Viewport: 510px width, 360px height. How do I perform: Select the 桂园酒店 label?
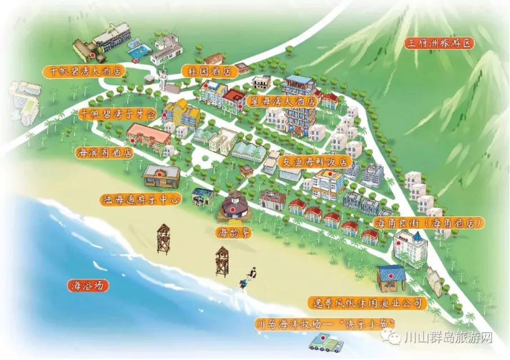click(x=207, y=71)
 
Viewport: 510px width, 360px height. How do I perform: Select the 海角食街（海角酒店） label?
click(x=428, y=223)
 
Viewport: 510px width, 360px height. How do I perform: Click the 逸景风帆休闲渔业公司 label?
click(x=367, y=304)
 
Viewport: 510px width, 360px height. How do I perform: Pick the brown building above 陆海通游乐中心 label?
click(x=161, y=176)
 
